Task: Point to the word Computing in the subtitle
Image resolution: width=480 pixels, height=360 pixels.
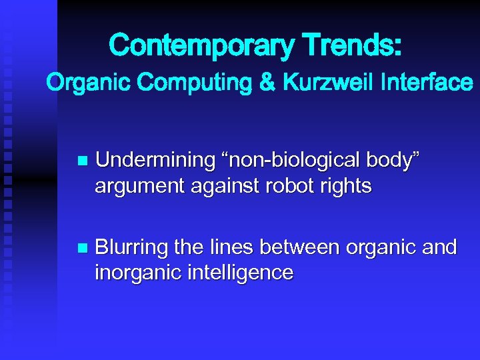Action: [181, 83]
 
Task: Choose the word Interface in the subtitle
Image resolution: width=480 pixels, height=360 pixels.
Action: [424, 83]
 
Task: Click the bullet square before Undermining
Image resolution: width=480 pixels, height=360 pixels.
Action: [82, 161]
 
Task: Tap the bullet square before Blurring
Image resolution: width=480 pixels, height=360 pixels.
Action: [82, 248]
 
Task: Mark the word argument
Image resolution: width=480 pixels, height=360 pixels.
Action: [138, 186]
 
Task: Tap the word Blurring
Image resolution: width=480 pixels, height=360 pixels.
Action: [131, 247]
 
